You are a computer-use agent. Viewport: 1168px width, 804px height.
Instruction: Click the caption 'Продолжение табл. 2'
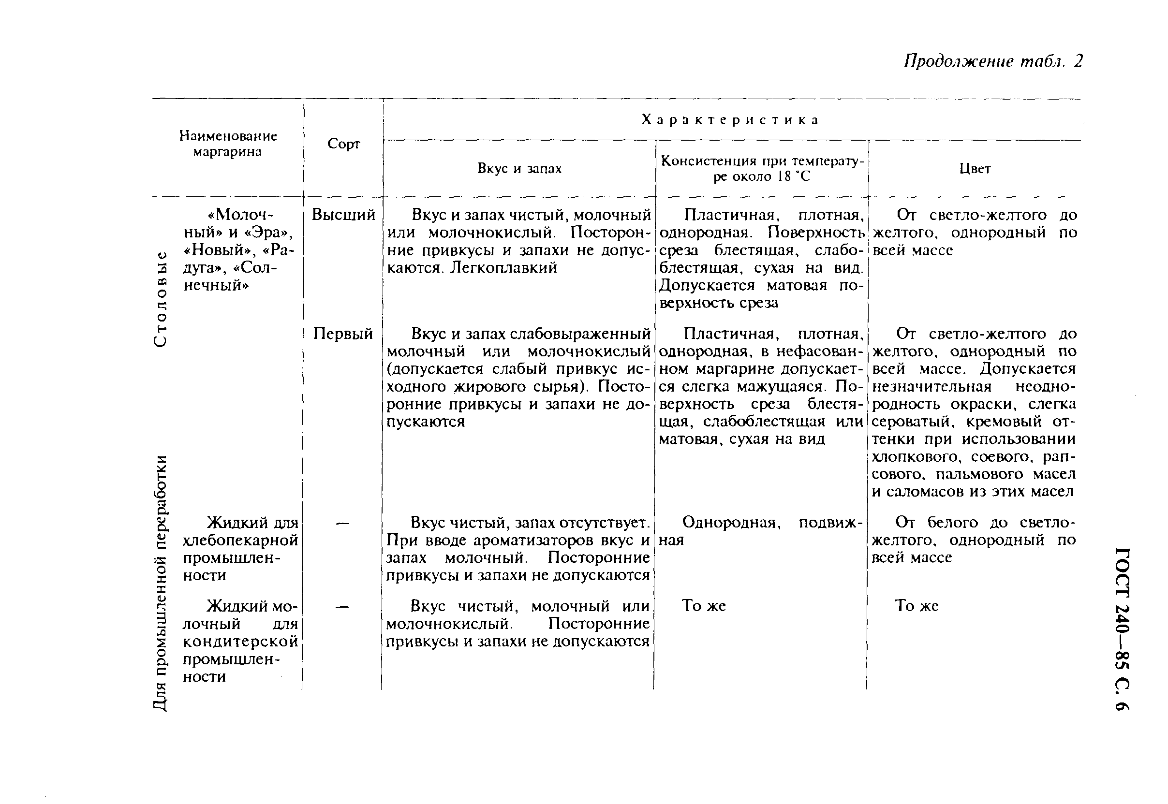[992, 61]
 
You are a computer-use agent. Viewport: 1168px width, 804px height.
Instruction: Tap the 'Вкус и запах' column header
[519, 169]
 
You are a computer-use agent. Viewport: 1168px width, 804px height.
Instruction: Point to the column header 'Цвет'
[975, 169]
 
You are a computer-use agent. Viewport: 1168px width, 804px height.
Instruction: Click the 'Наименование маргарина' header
[228, 144]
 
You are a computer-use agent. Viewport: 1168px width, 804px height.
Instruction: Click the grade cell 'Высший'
[343, 215]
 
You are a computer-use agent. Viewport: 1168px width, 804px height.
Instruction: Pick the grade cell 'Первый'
[342, 334]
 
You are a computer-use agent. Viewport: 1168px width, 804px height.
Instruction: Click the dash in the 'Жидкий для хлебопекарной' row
[342, 524]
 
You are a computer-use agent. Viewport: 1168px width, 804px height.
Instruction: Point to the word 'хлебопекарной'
[240, 541]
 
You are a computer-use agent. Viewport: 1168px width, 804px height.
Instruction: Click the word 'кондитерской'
[240, 642]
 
